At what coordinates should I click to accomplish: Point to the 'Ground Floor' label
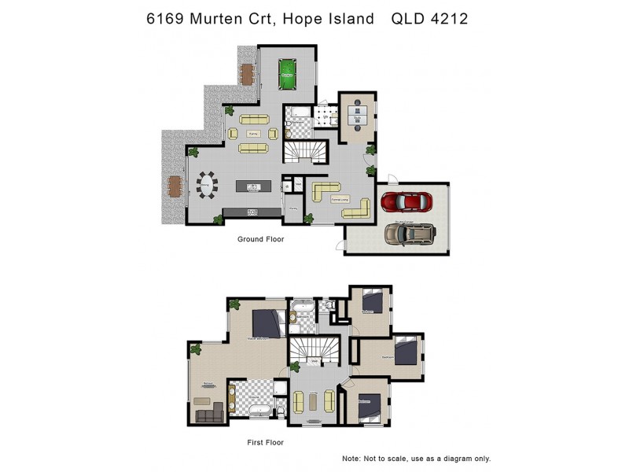click(x=260, y=238)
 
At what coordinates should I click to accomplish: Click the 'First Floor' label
click(x=265, y=442)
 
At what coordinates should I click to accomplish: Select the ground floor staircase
click(x=303, y=149)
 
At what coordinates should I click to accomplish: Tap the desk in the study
click(x=358, y=116)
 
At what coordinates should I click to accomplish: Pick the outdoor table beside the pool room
click(x=248, y=73)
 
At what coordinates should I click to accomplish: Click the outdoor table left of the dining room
click(x=175, y=186)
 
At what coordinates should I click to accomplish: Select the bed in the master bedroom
click(x=267, y=323)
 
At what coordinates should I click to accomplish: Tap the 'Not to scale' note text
click(x=416, y=458)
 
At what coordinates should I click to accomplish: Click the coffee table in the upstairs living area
click(x=315, y=401)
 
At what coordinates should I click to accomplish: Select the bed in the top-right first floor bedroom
click(x=374, y=302)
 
